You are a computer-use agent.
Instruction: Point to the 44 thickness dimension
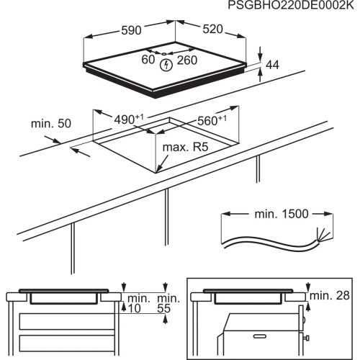271,66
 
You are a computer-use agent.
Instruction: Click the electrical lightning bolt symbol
168,65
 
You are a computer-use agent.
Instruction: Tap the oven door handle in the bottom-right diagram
307,336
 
